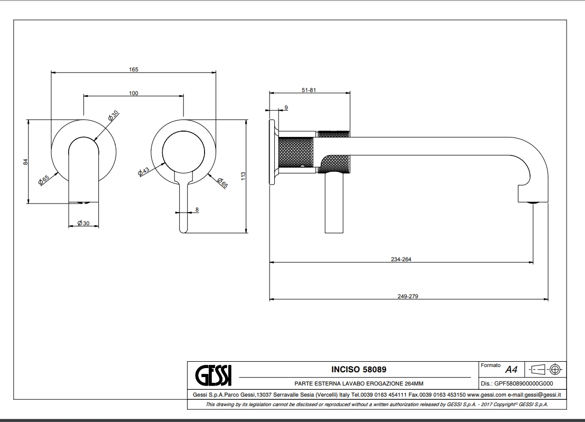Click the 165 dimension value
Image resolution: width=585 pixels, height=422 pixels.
(x=134, y=69)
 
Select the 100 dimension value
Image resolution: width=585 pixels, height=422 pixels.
(x=134, y=94)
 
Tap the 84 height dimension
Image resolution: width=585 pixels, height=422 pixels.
(x=25, y=162)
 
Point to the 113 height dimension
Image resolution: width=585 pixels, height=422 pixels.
(x=243, y=176)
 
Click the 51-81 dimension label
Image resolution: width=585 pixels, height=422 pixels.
(x=309, y=90)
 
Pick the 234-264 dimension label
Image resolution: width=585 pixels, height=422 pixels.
(x=401, y=259)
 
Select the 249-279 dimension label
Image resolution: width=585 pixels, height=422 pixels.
(x=408, y=296)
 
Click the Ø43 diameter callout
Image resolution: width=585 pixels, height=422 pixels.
(x=144, y=171)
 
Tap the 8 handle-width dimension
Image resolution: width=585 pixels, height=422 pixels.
(x=197, y=210)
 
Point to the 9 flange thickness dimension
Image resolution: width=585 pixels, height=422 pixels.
(x=286, y=107)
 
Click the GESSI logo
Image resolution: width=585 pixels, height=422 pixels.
(x=213, y=375)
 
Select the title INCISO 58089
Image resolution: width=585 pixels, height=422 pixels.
(x=358, y=369)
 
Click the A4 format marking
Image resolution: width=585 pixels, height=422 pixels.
(x=511, y=369)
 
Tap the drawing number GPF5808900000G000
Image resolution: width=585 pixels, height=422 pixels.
(x=524, y=383)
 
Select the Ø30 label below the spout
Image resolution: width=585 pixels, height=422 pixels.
(x=83, y=223)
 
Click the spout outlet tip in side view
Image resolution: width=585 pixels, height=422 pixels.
(x=533, y=202)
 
